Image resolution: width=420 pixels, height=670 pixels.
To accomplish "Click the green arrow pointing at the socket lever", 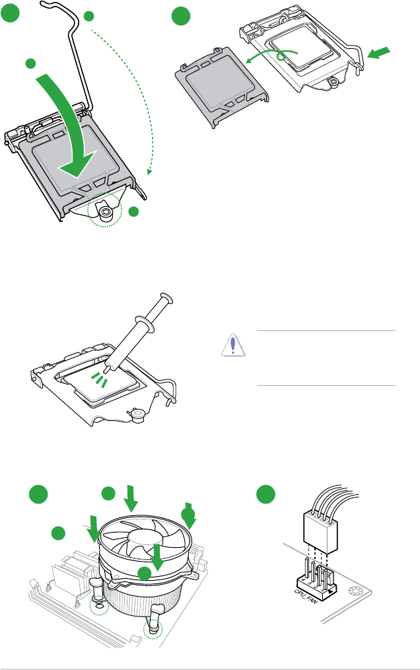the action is pyautogui.click(x=379, y=54).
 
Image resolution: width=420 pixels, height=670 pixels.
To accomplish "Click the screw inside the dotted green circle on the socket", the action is pyautogui.click(x=105, y=212).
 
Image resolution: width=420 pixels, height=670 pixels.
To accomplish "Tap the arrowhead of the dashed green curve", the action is pyautogui.click(x=149, y=172).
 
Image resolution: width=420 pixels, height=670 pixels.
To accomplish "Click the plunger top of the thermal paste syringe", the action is pyautogui.click(x=166, y=298).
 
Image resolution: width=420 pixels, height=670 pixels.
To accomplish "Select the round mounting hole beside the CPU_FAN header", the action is pyautogui.click(x=354, y=591).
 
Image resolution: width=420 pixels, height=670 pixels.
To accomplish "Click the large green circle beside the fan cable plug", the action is pyautogui.click(x=265, y=494).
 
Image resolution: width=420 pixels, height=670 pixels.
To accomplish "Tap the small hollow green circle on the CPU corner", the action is pyautogui.click(x=281, y=56).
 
